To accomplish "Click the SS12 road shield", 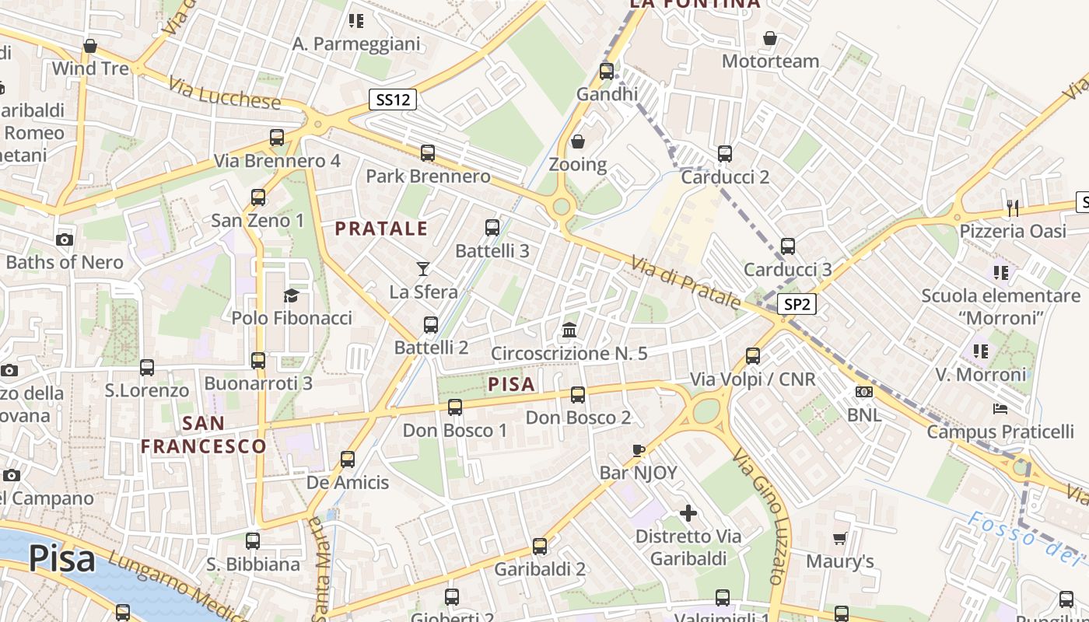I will pos(393,100).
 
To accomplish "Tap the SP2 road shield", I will pos(797,305).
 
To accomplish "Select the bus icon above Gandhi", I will pos(607,72).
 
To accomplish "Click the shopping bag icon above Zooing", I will pos(578,142).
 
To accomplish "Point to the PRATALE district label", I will pos(381,229).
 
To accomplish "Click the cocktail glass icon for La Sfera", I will pos(422,269).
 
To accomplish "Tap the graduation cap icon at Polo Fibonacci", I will pos(291,295).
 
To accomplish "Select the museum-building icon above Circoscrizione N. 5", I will pos(569,330).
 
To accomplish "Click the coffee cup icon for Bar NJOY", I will pos(639,449).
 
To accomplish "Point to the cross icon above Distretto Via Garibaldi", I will pos(688,513).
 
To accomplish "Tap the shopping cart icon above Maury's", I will pos(839,538).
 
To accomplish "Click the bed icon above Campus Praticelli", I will pos(1000,408).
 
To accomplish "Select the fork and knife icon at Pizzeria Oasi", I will pos(1012,208).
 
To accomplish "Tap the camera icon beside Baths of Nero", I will pos(65,239).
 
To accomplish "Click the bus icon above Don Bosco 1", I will pos(455,407).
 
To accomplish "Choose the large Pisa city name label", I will pos(62,559).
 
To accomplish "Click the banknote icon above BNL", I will pos(863,392).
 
